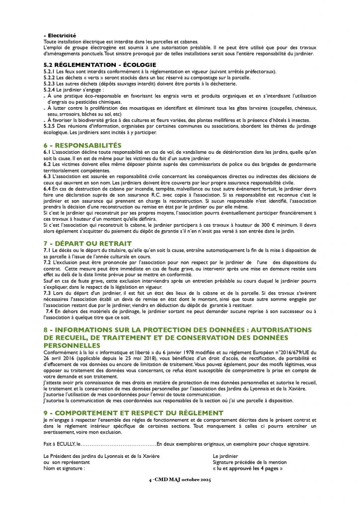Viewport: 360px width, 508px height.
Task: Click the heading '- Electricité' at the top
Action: (60, 36)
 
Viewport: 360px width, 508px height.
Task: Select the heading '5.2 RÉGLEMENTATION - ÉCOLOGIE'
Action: (100, 65)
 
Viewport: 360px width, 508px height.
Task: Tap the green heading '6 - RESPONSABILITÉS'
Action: (82, 145)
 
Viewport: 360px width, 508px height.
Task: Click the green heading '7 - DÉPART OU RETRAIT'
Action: (87, 244)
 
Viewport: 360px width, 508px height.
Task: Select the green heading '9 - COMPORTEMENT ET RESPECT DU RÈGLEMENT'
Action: (134, 413)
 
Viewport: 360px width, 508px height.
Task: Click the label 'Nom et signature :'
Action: (64, 468)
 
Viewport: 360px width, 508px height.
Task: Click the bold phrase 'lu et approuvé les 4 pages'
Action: (248, 468)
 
